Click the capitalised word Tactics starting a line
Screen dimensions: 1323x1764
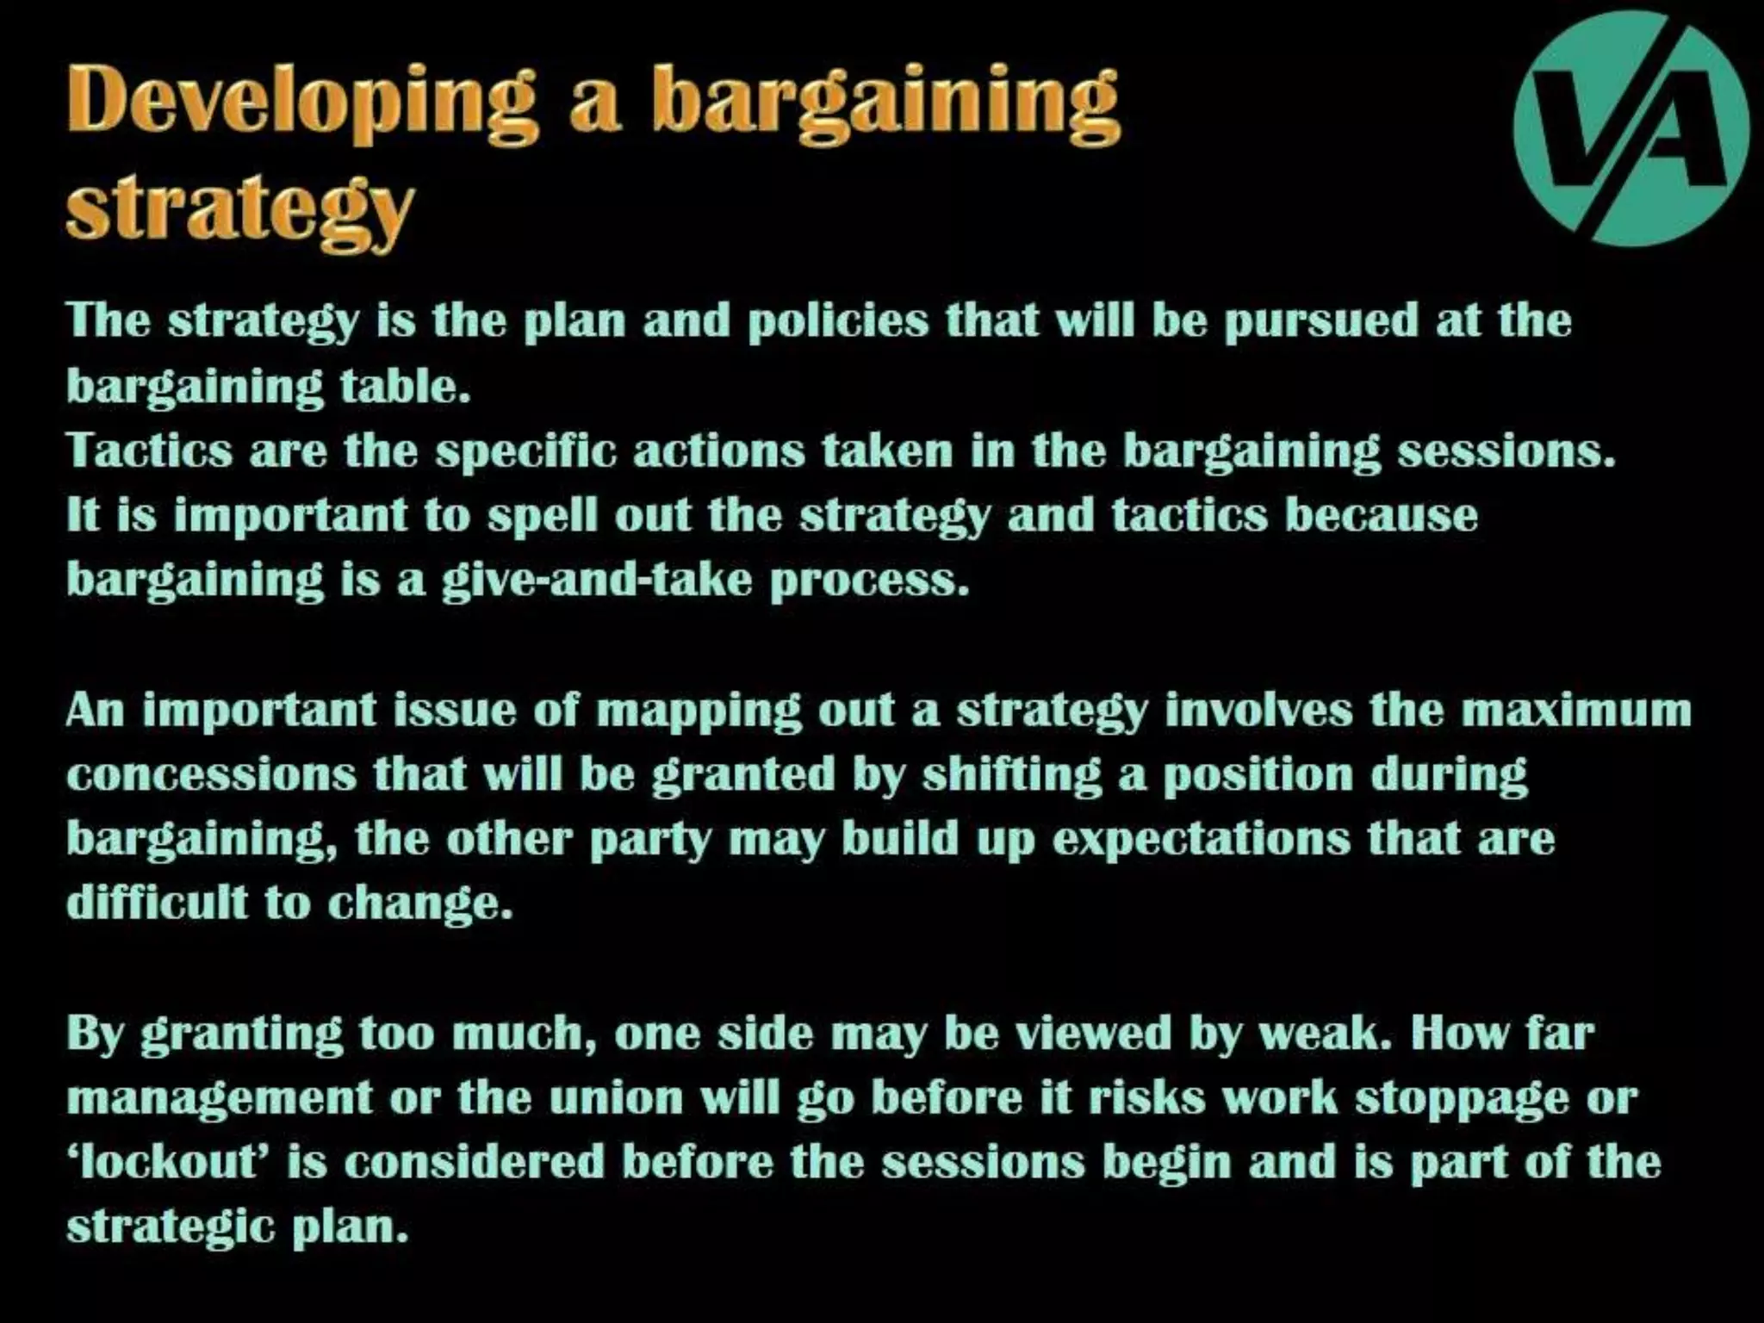pyautogui.click(x=149, y=450)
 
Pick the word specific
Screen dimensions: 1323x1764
pyautogui.click(x=525, y=450)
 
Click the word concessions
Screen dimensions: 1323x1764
pyautogui.click(x=211, y=774)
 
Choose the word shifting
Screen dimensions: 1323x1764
pyautogui.click(x=1012, y=774)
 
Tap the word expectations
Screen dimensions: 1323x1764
pyautogui.click(x=1202, y=839)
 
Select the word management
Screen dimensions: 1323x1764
pyautogui.click(x=220, y=1098)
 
